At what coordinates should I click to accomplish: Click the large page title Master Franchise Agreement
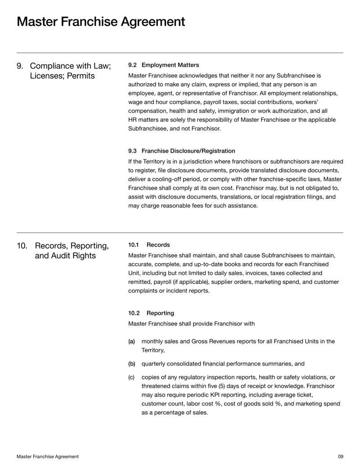(x=101, y=21)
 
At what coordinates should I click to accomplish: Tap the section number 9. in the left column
(x=20, y=66)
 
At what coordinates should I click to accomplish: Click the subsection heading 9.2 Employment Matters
(x=163, y=65)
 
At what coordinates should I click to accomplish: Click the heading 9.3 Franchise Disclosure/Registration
(x=181, y=151)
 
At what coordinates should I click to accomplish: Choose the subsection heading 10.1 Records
(x=149, y=245)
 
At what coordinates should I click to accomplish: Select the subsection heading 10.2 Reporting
(x=151, y=312)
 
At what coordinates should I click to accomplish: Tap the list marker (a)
(x=132, y=342)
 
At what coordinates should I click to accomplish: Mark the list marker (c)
(x=132, y=377)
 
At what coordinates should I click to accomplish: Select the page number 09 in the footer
(x=340, y=457)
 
